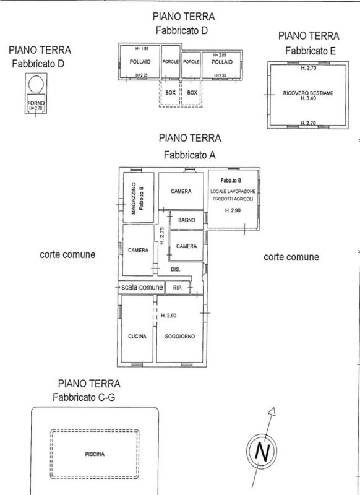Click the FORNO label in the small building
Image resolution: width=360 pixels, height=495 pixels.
tap(34, 102)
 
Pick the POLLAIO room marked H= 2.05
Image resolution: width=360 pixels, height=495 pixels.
tap(222, 62)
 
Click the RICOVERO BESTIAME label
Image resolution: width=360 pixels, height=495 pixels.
tap(308, 93)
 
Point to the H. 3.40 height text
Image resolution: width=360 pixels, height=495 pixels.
tap(308, 98)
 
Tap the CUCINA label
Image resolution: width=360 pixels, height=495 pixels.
tap(137, 336)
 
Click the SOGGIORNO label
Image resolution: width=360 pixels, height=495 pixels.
tap(179, 336)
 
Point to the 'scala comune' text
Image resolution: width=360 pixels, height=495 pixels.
tap(142, 288)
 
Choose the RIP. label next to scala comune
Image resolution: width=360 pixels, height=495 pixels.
tap(178, 288)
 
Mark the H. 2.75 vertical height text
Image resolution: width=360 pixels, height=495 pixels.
tap(161, 236)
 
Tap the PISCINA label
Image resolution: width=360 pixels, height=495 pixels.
tap(95, 454)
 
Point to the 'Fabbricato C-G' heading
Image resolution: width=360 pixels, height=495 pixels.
tap(84, 397)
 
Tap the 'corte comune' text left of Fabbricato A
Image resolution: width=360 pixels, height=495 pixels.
tap(68, 254)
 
